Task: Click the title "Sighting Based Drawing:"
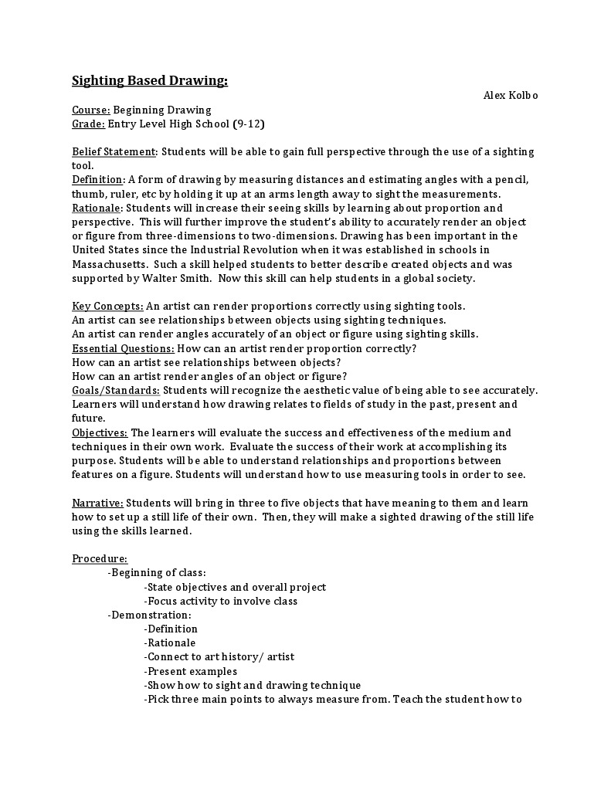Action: [x=150, y=80]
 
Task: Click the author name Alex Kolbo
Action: [x=510, y=96]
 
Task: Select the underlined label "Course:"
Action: [x=91, y=110]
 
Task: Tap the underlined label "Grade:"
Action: [x=88, y=124]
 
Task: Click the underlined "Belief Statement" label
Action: [x=114, y=151]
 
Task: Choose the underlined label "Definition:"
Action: [x=98, y=180]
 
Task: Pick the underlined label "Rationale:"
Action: [x=97, y=208]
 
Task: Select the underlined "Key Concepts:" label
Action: [x=107, y=307]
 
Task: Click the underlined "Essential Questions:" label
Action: [x=123, y=348]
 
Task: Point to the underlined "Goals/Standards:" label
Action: [x=116, y=391]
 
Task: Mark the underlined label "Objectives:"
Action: [x=100, y=432]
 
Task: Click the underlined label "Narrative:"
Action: [x=97, y=503]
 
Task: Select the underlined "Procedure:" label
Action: [x=100, y=558]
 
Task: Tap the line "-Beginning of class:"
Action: [x=157, y=573]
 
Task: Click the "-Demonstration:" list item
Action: [x=149, y=615]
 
